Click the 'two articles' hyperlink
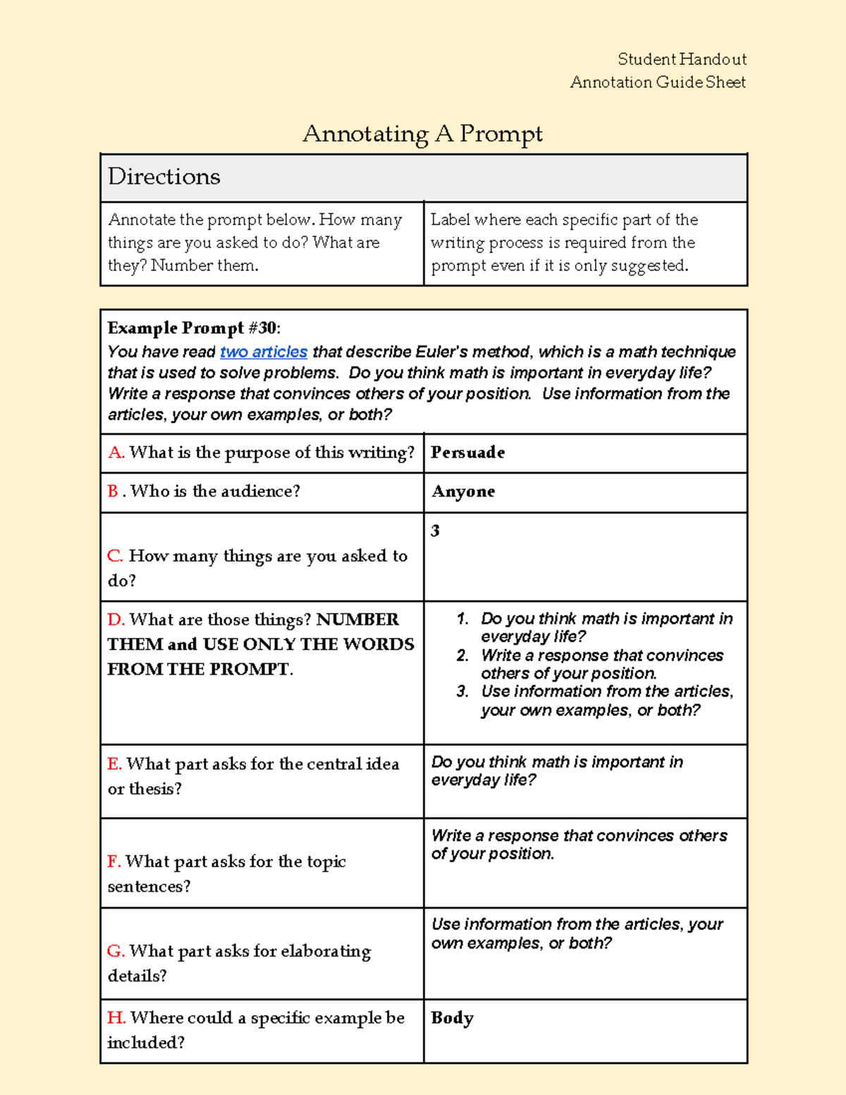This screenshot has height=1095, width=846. tap(264, 352)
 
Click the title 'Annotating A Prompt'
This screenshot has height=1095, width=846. tap(422, 133)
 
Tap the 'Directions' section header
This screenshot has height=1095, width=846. tap(164, 176)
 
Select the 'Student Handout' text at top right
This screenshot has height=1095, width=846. tap(682, 59)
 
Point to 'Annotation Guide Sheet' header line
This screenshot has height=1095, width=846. tap(658, 82)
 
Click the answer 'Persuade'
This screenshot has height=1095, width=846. tap(468, 453)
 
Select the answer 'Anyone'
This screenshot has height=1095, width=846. tap(463, 491)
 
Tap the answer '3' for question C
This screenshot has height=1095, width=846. tap(435, 531)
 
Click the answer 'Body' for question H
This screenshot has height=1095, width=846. tap(452, 1018)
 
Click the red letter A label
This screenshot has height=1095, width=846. tap(116, 453)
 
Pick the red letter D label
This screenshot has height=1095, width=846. tap(116, 620)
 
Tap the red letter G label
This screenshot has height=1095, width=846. tap(116, 951)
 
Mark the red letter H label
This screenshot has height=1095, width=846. tap(116, 1018)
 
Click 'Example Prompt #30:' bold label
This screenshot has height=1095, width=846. tap(194, 328)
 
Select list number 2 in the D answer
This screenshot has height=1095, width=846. tap(462, 656)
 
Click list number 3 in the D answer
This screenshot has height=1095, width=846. tap(462, 692)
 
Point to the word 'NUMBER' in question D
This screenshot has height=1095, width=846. tap(357, 620)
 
